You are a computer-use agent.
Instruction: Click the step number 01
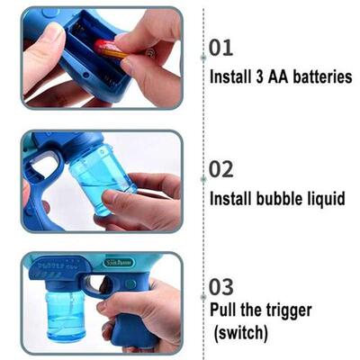221,48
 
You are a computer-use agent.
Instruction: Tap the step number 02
221,167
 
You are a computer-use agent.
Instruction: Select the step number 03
222,286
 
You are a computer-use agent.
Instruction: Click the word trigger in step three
281,310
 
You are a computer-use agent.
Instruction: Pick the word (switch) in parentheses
241,332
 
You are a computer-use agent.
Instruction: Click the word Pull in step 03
225,310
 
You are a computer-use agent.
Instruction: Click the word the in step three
248,310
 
